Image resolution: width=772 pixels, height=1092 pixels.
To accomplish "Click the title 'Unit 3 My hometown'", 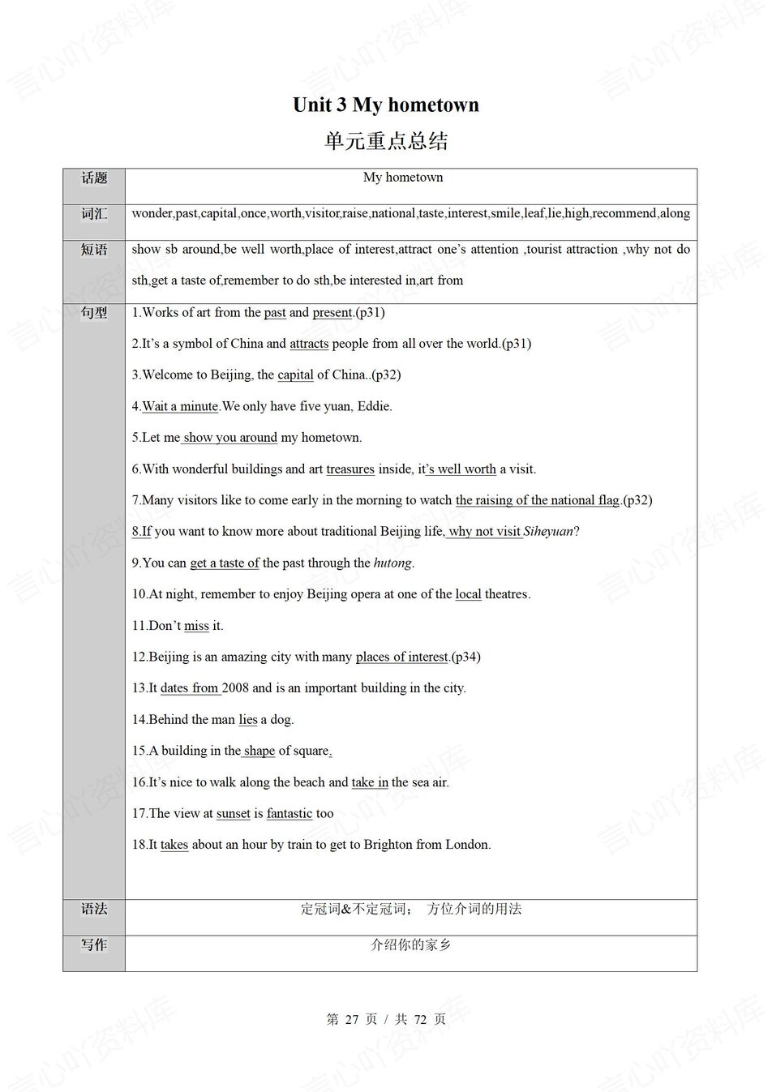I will (385, 105).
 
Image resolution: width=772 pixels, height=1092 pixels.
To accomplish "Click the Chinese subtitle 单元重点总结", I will (386, 141).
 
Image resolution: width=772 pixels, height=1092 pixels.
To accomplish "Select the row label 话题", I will (94, 178).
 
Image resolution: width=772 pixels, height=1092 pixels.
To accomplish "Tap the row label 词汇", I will (94, 214).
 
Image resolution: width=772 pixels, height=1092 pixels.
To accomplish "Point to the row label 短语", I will (94, 250).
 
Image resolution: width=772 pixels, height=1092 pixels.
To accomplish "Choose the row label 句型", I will (94, 313).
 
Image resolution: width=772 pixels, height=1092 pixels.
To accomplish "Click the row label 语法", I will (94, 909).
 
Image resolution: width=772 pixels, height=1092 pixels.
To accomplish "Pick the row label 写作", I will (94, 944).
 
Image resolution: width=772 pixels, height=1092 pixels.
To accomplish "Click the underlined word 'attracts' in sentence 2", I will (309, 344).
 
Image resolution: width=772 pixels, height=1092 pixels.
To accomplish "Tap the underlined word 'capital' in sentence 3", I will (295, 375).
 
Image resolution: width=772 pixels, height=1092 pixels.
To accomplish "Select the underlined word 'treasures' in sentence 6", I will (350, 469).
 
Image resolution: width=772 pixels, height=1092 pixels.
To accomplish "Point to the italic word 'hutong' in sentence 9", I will (392, 563).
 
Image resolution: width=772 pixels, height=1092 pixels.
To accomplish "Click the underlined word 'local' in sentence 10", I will (468, 594).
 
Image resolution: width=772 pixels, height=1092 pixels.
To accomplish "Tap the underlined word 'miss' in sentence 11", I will (196, 626).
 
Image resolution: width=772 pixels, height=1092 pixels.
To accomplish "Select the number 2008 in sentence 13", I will (235, 688).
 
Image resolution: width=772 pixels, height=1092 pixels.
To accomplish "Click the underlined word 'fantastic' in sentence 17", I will (289, 814).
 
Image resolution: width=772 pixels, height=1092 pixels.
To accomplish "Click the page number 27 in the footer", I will (351, 1019).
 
